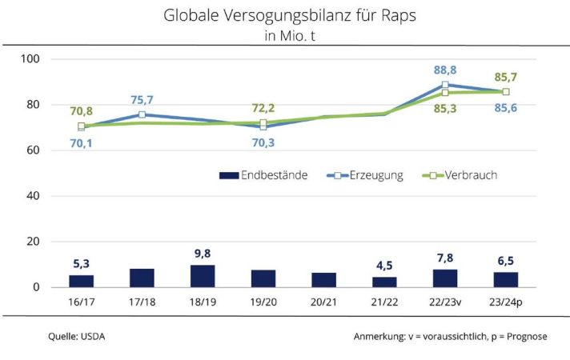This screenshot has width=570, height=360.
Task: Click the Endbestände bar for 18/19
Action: pyautogui.click(x=203, y=276)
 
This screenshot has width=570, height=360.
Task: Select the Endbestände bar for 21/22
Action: pyautogui.click(x=384, y=282)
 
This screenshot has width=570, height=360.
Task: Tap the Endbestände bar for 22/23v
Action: pyautogui.click(x=445, y=278)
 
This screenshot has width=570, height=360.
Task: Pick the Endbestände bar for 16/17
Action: pyautogui.click(x=81, y=281)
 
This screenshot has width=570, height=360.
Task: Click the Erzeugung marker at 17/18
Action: pyautogui.click(x=142, y=114)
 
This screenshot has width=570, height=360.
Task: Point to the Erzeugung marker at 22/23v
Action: pyautogui.click(x=445, y=84)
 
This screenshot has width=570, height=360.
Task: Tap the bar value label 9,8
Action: pyautogui.click(x=203, y=254)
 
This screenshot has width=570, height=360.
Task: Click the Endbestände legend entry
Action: pyautogui.click(x=263, y=175)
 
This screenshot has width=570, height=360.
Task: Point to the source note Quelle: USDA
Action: pyautogui.click(x=76, y=337)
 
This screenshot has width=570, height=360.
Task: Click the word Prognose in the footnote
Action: pyautogui.click(x=524, y=337)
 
